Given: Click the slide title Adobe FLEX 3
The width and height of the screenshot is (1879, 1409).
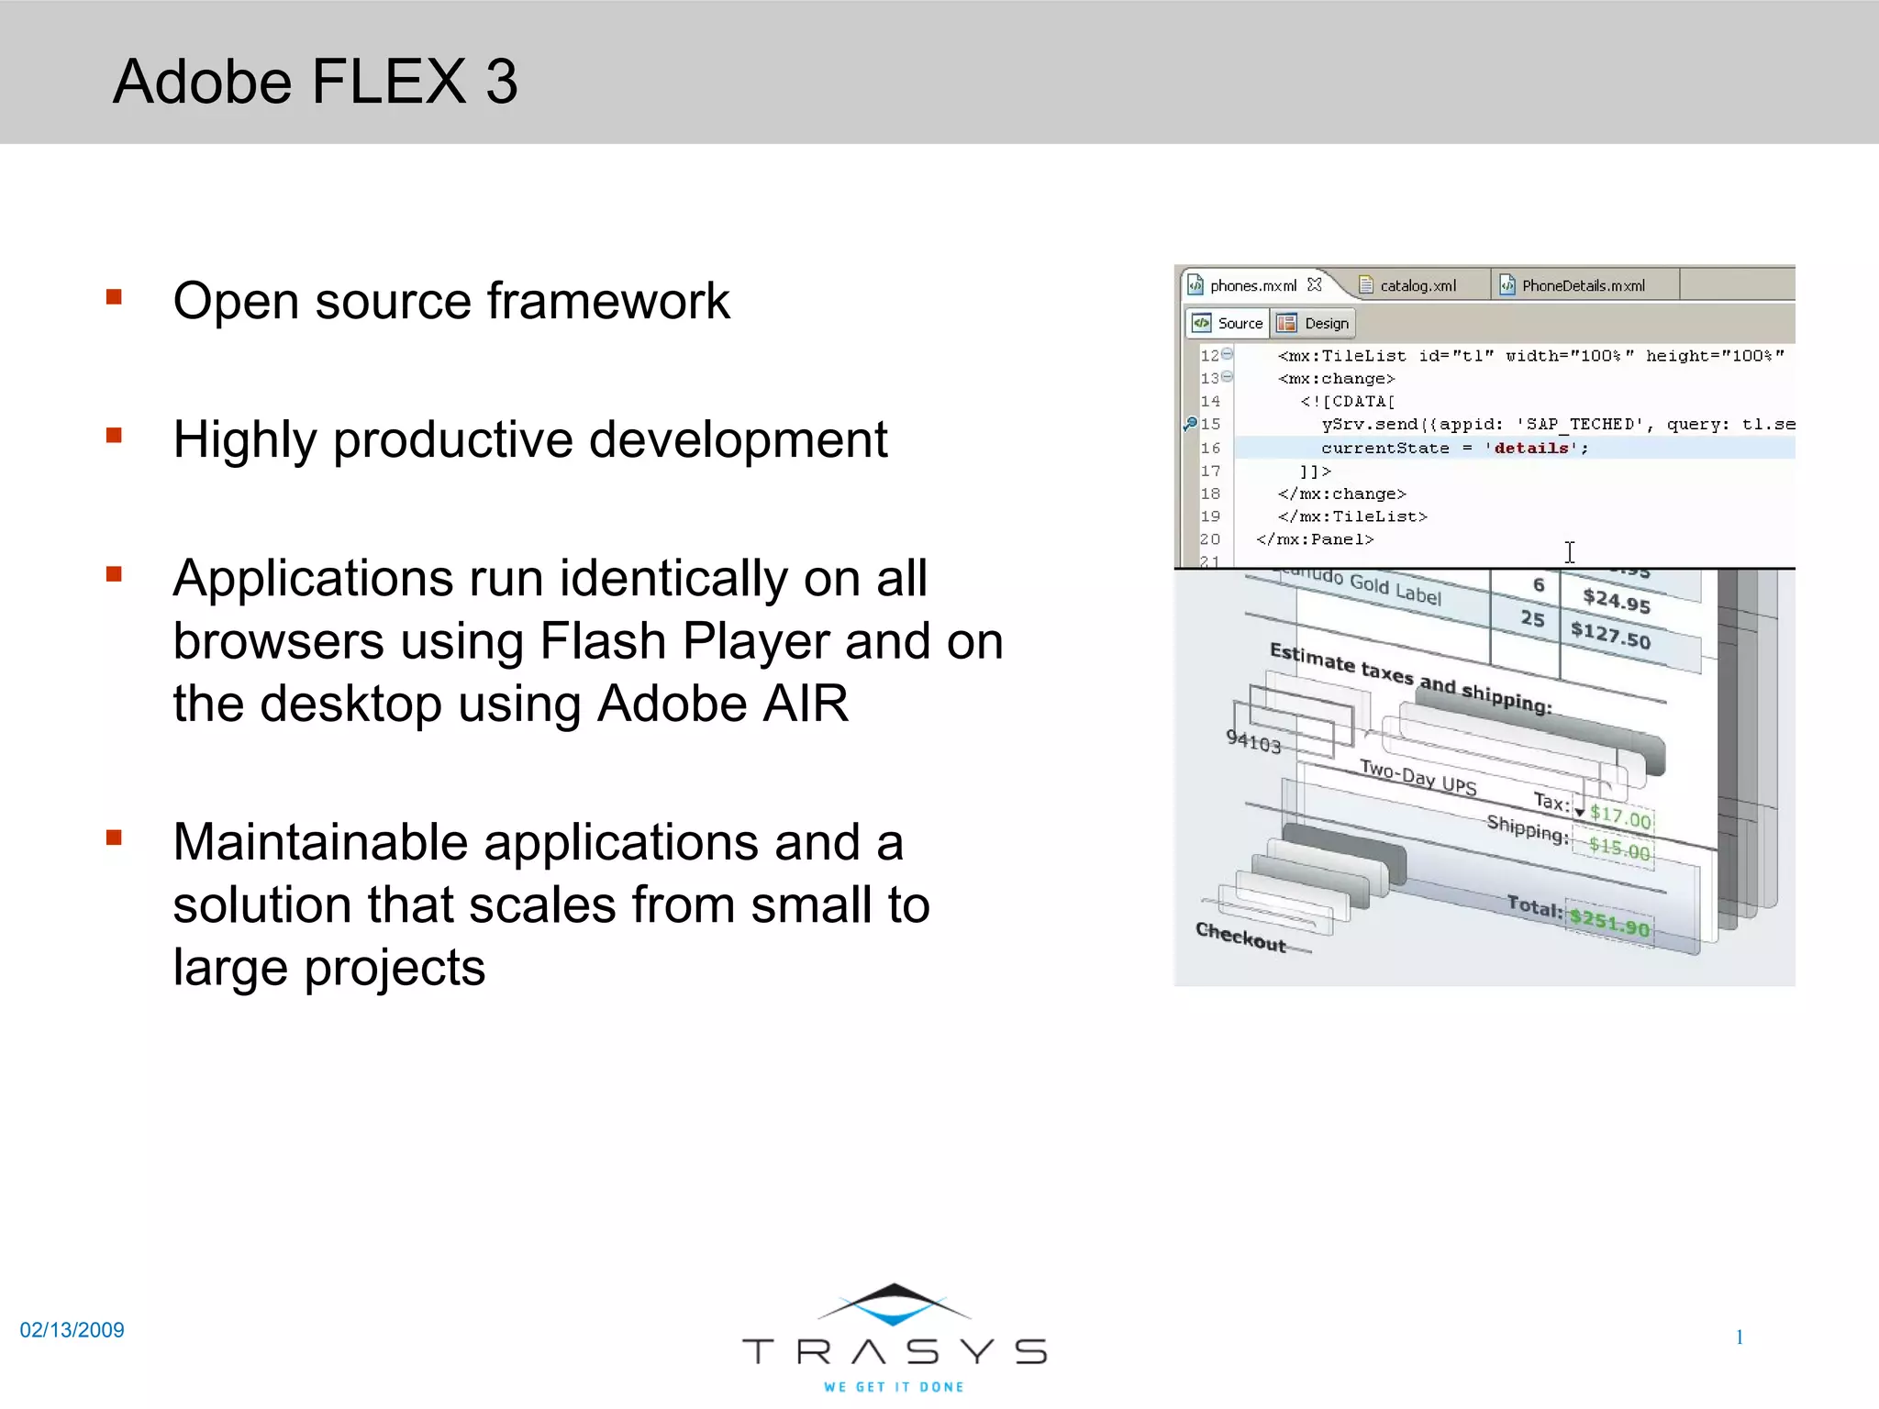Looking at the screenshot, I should [315, 82].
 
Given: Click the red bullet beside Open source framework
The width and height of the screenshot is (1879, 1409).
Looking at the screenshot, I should [114, 296].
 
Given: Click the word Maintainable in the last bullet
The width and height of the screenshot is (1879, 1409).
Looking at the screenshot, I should [320, 842].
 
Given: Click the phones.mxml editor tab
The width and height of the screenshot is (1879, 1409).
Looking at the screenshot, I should [1252, 285].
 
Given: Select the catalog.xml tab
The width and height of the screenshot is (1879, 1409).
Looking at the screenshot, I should [1418, 285].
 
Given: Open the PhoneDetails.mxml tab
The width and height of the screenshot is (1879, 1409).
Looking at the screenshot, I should [1583, 285].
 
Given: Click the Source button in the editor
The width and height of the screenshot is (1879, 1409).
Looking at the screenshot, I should [1229, 323].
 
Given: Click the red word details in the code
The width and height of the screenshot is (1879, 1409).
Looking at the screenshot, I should [1530, 448].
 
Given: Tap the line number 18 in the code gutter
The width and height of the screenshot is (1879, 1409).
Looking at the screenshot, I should [1210, 494].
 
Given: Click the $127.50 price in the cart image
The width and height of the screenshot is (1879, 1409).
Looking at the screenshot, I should [1610, 634].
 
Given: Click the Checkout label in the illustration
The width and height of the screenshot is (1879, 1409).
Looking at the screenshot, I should [1240, 937].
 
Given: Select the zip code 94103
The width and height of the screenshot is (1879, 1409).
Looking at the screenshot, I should [1253, 741].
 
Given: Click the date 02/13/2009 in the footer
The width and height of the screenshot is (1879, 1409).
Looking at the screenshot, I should [72, 1330].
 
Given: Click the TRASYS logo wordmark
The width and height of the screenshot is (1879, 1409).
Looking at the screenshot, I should [894, 1351].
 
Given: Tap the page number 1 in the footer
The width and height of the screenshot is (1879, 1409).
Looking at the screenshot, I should [1739, 1337].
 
